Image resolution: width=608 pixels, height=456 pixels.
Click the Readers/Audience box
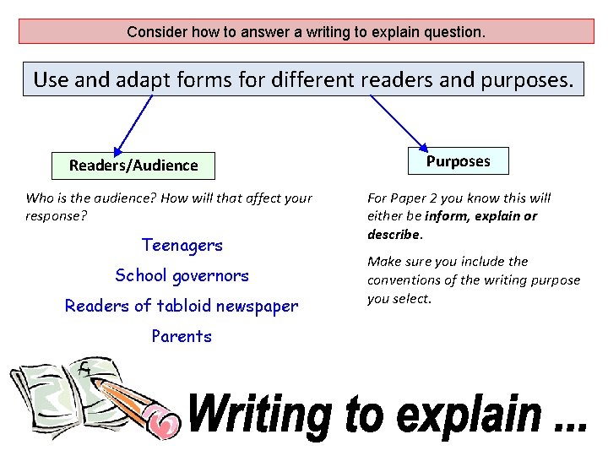coord(133,166)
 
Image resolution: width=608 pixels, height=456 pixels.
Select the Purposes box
coord(458,160)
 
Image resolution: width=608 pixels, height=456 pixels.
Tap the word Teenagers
coord(182,246)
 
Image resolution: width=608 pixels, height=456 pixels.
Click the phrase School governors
coord(182,275)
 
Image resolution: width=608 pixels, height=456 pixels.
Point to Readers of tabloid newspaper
coord(182,306)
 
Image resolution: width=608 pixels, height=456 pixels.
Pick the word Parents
coord(182,336)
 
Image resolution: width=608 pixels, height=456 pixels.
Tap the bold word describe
coord(393,234)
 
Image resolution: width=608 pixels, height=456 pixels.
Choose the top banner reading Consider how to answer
coord(306,33)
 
